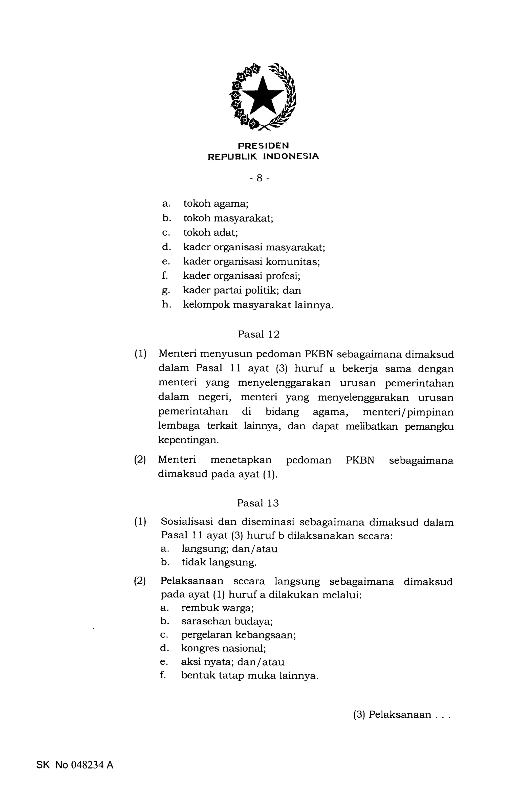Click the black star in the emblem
click(262, 96)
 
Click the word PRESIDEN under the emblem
click(263, 146)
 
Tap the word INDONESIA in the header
click(291, 156)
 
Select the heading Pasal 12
click(259, 334)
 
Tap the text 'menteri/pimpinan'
click(408, 412)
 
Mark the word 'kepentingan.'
click(189, 440)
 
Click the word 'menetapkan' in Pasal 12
click(241, 460)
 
